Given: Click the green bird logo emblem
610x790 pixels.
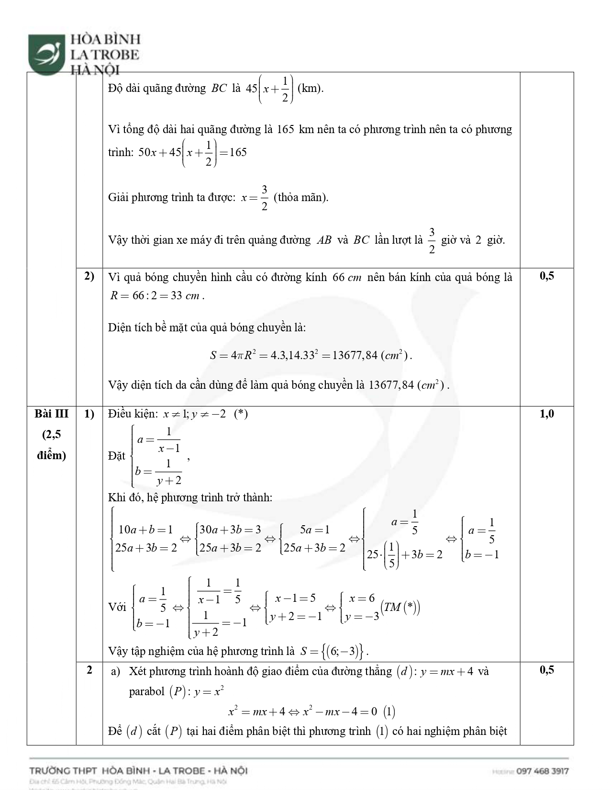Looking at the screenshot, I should [x=46, y=53].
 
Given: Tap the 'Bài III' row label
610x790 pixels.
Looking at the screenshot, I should [x=51, y=414].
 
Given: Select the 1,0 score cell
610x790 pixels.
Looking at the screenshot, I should [x=547, y=414].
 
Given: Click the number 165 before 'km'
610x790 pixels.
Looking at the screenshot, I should [x=285, y=130].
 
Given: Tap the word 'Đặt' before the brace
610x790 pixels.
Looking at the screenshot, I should [x=117, y=456].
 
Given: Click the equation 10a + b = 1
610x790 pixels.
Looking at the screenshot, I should [x=145, y=530].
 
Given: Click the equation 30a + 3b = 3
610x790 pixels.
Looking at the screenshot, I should [x=230, y=530].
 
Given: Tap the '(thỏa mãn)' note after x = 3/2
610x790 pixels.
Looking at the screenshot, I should [x=300, y=197].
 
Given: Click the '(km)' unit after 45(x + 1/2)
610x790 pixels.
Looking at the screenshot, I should [x=310, y=89].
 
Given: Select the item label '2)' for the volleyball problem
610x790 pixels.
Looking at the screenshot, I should [x=89, y=276].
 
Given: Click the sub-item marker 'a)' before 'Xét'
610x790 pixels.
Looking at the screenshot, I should [x=115, y=672].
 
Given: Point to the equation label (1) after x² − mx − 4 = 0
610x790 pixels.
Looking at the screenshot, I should [x=389, y=712].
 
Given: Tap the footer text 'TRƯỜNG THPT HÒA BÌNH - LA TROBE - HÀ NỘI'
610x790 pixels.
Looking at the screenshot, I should [x=138, y=771].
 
